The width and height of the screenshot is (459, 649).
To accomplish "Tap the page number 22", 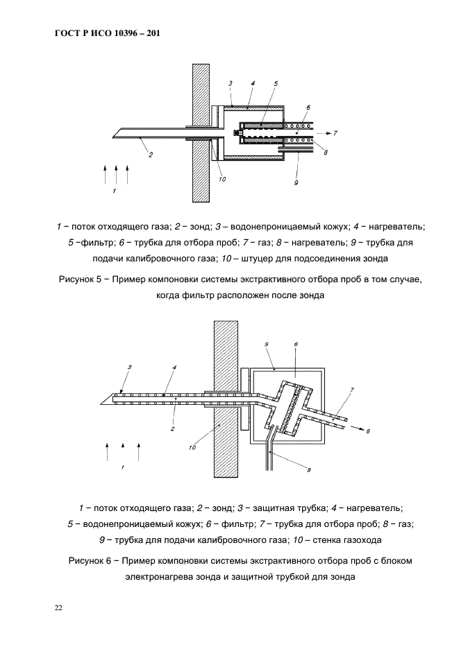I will coord(59,608).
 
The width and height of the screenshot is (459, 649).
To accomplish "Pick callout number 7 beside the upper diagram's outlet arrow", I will coord(336,132).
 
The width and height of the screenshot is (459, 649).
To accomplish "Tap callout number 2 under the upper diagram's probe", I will coord(151,155).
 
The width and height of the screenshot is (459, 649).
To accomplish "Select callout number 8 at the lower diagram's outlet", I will coord(368,431).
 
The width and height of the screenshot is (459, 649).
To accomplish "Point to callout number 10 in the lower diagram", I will coord(192,448).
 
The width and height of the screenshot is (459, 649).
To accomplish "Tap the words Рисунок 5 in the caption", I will coord(79,279).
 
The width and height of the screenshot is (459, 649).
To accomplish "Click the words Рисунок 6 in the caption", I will coord(92,560).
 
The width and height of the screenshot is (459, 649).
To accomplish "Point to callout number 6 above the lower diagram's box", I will coord(296,344).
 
